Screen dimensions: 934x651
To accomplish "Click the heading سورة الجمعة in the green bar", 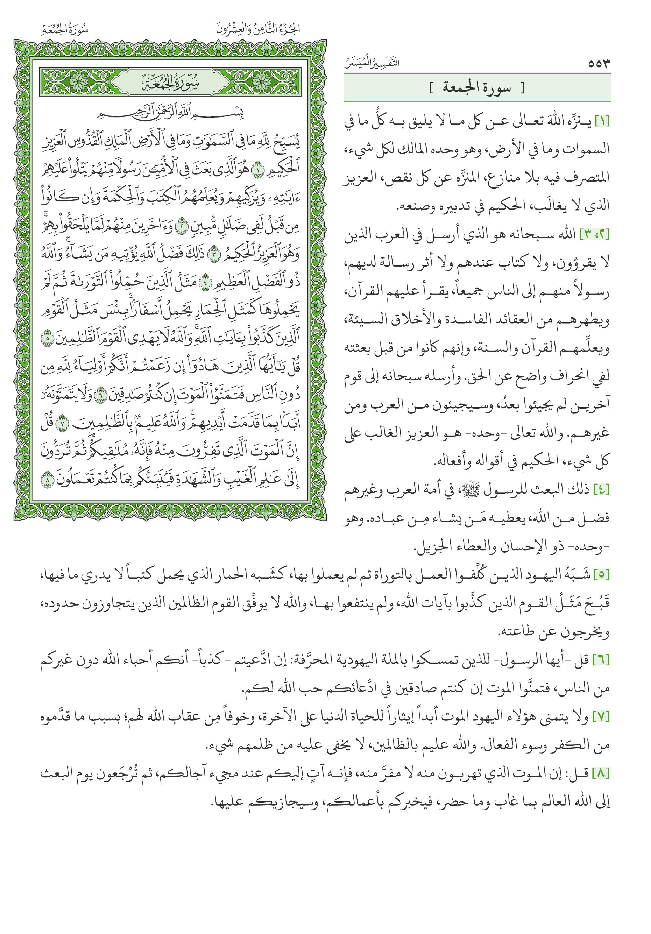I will point(477,88).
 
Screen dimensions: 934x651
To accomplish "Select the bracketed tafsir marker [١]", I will point(602,121).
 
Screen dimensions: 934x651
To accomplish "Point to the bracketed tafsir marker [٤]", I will point(602,490).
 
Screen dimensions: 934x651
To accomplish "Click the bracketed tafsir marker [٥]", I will point(602,575).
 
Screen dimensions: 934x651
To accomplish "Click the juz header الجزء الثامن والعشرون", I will point(258,29).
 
